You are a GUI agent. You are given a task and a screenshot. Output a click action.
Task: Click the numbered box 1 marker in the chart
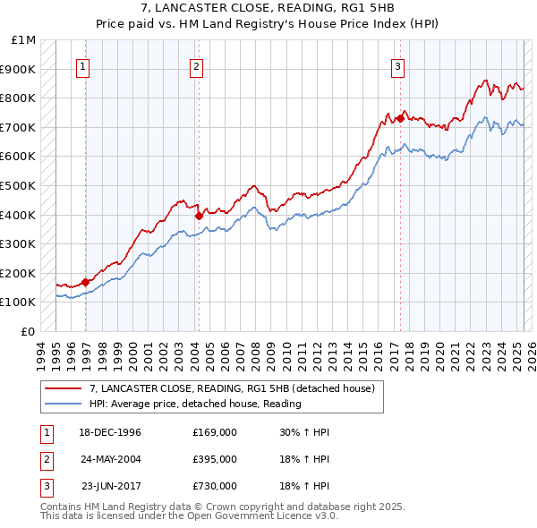(x=82, y=65)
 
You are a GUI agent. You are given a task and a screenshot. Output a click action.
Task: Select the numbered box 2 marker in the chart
(x=196, y=65)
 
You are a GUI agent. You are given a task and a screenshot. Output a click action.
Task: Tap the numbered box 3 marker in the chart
(x=397, y=65)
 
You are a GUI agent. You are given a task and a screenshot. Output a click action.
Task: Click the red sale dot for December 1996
(x=86, y=282)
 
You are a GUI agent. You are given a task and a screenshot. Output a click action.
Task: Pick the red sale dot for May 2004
(x=199, y=216)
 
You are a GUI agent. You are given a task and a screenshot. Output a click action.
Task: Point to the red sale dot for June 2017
(x=399, y=118)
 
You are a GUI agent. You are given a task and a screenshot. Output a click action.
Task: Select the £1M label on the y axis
(x=24, y=40)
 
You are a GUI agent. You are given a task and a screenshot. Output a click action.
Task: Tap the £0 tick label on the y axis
(x=29, y=331)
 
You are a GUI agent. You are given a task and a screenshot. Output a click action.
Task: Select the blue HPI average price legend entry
(x=195, y=404)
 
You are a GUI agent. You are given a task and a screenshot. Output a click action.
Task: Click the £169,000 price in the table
(x=215, y=432)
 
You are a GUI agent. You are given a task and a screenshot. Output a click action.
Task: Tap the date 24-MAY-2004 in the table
(x=110, y=459)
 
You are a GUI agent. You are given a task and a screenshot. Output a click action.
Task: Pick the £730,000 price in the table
(x=215, y=486)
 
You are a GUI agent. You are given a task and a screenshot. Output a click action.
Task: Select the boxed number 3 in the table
(x=45, y=486)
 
